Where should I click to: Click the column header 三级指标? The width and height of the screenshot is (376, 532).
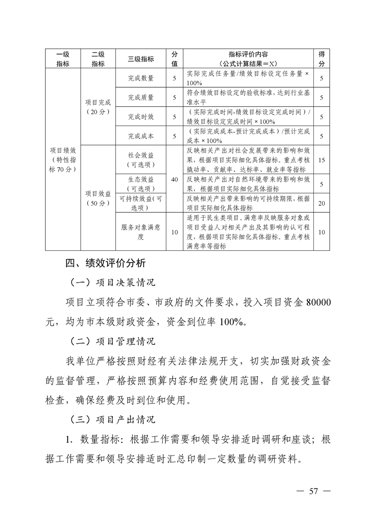141,59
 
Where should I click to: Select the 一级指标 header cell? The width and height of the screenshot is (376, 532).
63,59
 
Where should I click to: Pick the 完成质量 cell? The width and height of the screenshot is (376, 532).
141,98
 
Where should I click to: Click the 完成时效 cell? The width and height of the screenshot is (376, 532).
141,117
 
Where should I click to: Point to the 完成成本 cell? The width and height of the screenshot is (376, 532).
141,136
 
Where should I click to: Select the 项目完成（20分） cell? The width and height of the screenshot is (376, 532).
98,107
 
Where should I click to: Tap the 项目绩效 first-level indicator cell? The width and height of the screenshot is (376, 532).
63,159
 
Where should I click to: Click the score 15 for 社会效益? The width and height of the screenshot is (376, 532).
321,160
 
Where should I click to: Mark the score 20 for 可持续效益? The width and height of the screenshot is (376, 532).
321,203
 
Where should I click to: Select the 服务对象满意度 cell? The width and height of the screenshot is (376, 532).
141,232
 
